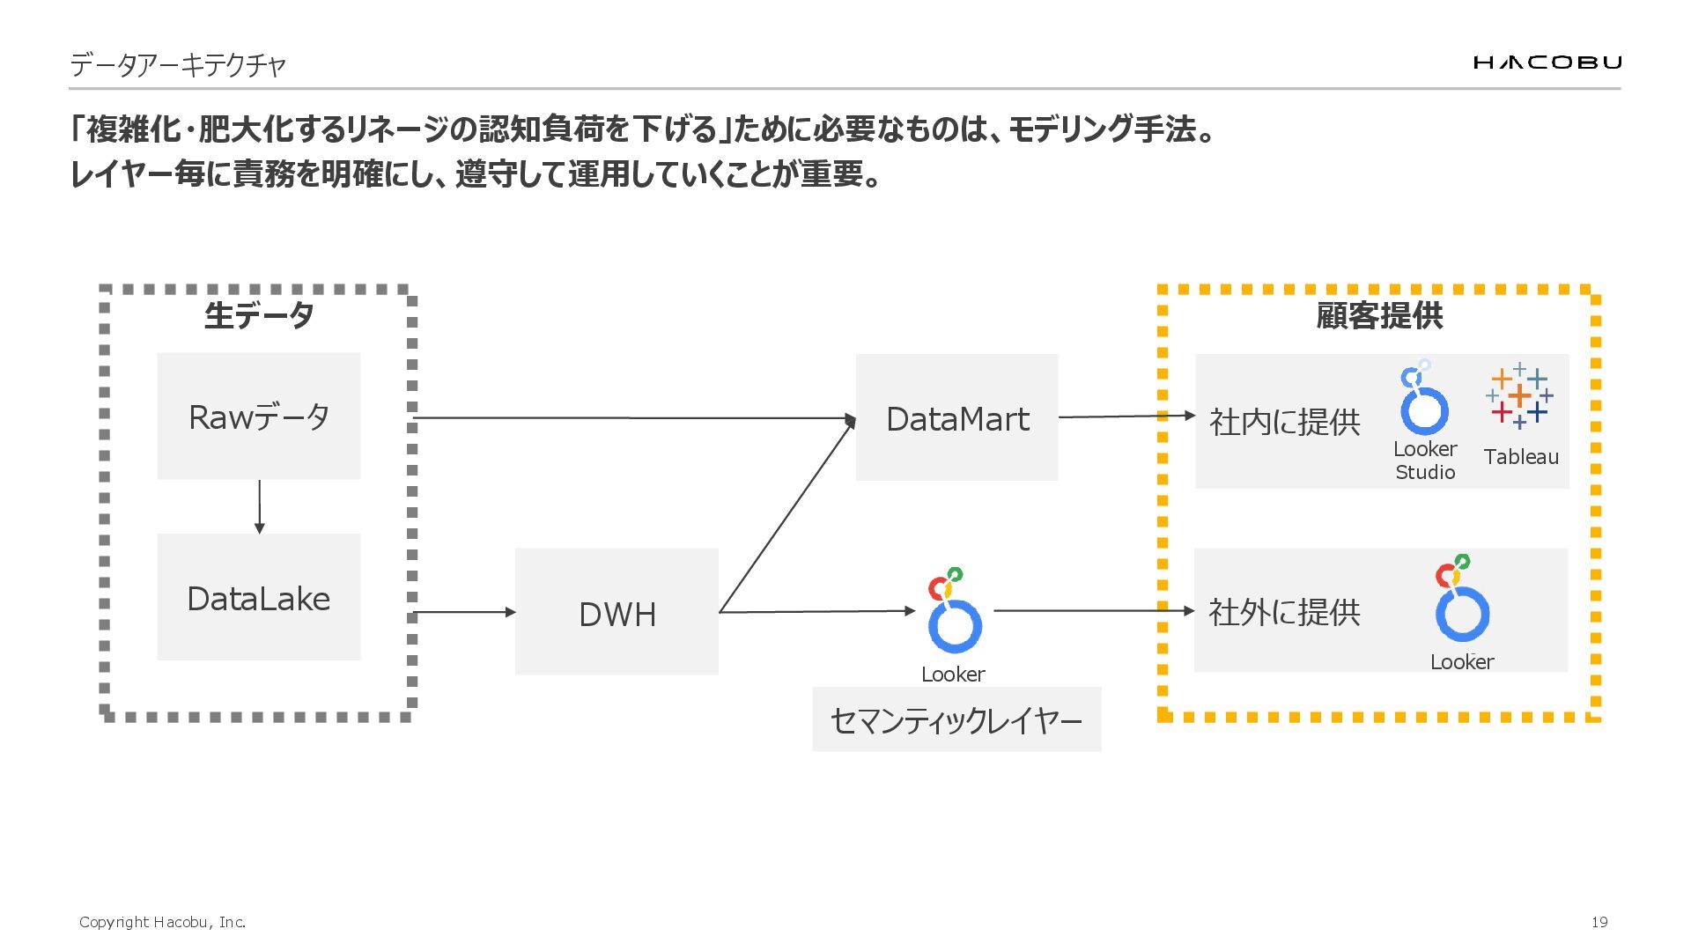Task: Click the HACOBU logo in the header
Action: [x=1547, y=62]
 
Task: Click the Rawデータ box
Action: [x=258, y=417]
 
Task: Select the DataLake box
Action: [x=258, y=598]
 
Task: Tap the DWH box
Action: [x=617, y=613]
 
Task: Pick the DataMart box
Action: [x=956, y=418]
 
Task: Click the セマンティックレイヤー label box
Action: [x=956, y=720]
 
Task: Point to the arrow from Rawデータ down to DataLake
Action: [x=259, y=506]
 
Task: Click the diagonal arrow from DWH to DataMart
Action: [x=786, y=516]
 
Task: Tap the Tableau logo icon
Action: [x=1519, y=396]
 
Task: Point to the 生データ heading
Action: [x=258, y=315]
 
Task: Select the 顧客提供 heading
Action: [x=1379, y=315]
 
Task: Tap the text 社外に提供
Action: [x=1284, y=612]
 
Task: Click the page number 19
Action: [x=1599, y=922]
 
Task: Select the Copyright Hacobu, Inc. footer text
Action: [x=162, y=922]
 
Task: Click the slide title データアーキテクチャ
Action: [x=178, y=64]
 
